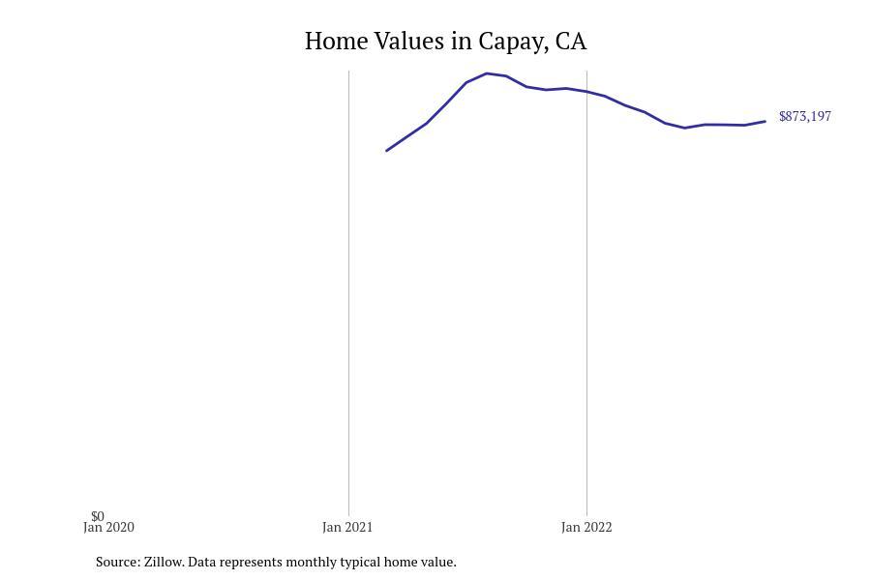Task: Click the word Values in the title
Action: point(410,42)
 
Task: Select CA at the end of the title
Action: point(571,42)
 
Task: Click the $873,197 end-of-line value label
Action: point(804,116)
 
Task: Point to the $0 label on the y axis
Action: point(98,516)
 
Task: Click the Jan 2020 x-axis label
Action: point(108,528)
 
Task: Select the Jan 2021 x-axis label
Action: point(347,528)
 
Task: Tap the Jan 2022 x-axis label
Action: point(586,528)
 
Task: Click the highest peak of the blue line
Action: point(487,73)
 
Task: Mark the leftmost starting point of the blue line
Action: point(387,151)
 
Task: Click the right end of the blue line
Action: point(766,121)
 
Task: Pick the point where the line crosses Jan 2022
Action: point(586,92)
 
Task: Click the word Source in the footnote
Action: point(117,562)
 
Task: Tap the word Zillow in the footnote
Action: point(164,562)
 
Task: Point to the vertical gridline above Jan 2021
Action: point(348,290)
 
